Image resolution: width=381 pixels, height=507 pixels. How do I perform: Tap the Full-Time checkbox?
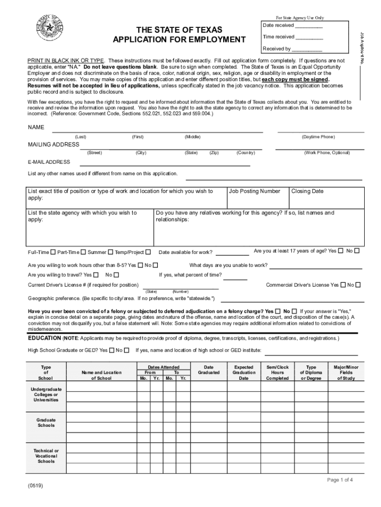pos(53,252)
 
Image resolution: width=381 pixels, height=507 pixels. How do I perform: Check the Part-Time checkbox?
pos(83,252)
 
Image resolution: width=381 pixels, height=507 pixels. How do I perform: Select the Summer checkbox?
pos(110,252)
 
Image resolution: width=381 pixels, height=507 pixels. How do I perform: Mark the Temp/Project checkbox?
pos(148,252)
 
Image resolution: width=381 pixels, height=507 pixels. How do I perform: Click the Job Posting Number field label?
pos(254,191)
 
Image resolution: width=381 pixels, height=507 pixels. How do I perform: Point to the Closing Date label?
pos(307,191)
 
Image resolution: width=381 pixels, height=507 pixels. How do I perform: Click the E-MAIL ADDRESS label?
pos(49,162)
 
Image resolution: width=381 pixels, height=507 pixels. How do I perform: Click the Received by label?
pos(277,49)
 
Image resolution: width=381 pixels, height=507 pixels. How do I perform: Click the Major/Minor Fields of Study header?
pos(346,372)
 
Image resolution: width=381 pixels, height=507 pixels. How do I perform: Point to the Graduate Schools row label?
pos(46,423)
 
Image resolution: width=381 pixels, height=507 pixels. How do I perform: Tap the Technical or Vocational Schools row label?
pos(46,456)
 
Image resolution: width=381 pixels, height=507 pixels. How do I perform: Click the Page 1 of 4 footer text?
pos(340,480)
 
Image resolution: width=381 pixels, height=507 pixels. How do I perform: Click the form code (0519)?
pos(36,486)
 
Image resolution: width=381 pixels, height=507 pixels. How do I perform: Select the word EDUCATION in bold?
pos(44,338)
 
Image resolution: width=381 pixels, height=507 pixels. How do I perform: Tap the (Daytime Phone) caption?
pos(318,137)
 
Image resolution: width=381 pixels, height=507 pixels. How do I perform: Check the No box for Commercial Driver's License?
pos(358,285)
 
